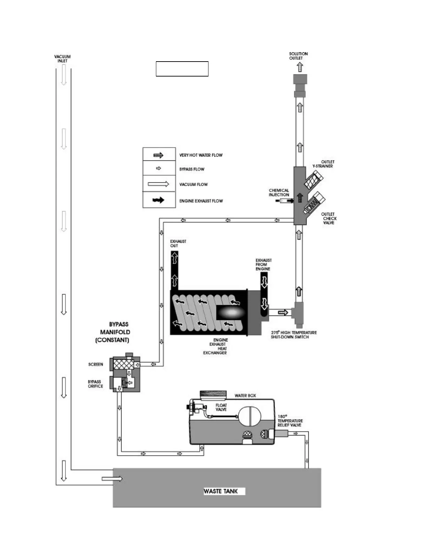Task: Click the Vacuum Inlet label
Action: (x=62, y=58)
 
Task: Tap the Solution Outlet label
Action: (x=298, y=56)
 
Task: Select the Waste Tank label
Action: (x=221, y=491)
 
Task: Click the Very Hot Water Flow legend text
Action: (x=201, y=155)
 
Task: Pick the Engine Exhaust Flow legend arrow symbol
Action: (x=159, y=200)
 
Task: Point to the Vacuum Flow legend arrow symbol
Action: (x=158, y=184)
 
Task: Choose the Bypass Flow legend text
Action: (x=192, y=169)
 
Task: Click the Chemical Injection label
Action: (x=279, y=193)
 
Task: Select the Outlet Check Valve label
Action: (x=328, y=218)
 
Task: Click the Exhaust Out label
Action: (x=178, y=243)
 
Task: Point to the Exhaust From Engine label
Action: (x=263, y=264)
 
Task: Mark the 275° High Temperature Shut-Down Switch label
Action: (x=293, y=335)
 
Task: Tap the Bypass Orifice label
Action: (x=95, y=384)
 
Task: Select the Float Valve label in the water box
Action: (x=221, y=407)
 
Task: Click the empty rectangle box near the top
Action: (x=182, y=69)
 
